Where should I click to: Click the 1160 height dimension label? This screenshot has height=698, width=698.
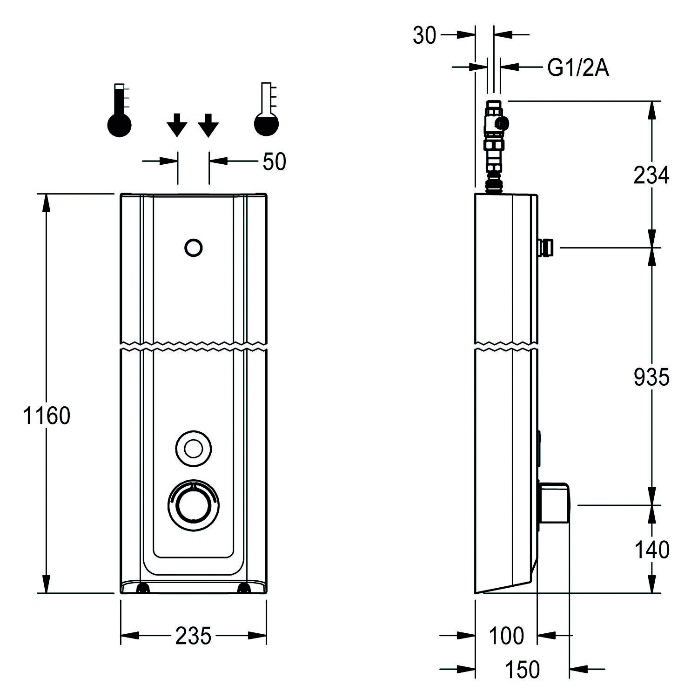pos(47,416)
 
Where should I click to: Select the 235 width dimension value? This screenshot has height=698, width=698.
pos(193,636)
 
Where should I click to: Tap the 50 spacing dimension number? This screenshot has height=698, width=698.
pos(274,161)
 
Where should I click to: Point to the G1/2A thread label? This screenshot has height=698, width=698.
pos(577,68)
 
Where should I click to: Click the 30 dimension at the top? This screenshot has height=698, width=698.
pos(424,35)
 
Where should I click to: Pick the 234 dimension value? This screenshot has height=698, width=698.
pos(651,175)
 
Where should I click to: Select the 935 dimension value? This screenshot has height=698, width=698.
pos(651,377)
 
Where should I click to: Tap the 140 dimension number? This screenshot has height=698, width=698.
pos(651,550)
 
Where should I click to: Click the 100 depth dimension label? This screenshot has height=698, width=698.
pos(506,636)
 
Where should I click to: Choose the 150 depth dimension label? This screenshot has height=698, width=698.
pos(522,670)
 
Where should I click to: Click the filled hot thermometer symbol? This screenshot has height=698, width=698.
pos(120,111)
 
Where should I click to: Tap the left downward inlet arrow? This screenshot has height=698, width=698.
pos(177,125)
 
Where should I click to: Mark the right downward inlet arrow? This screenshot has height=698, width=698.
pos(208,125)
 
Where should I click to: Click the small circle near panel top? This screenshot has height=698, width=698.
pos(193,248)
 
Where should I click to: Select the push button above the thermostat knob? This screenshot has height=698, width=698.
pos(193,449)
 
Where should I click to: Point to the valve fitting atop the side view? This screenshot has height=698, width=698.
pos(495,144)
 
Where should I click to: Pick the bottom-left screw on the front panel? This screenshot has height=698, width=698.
pos(141,589)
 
